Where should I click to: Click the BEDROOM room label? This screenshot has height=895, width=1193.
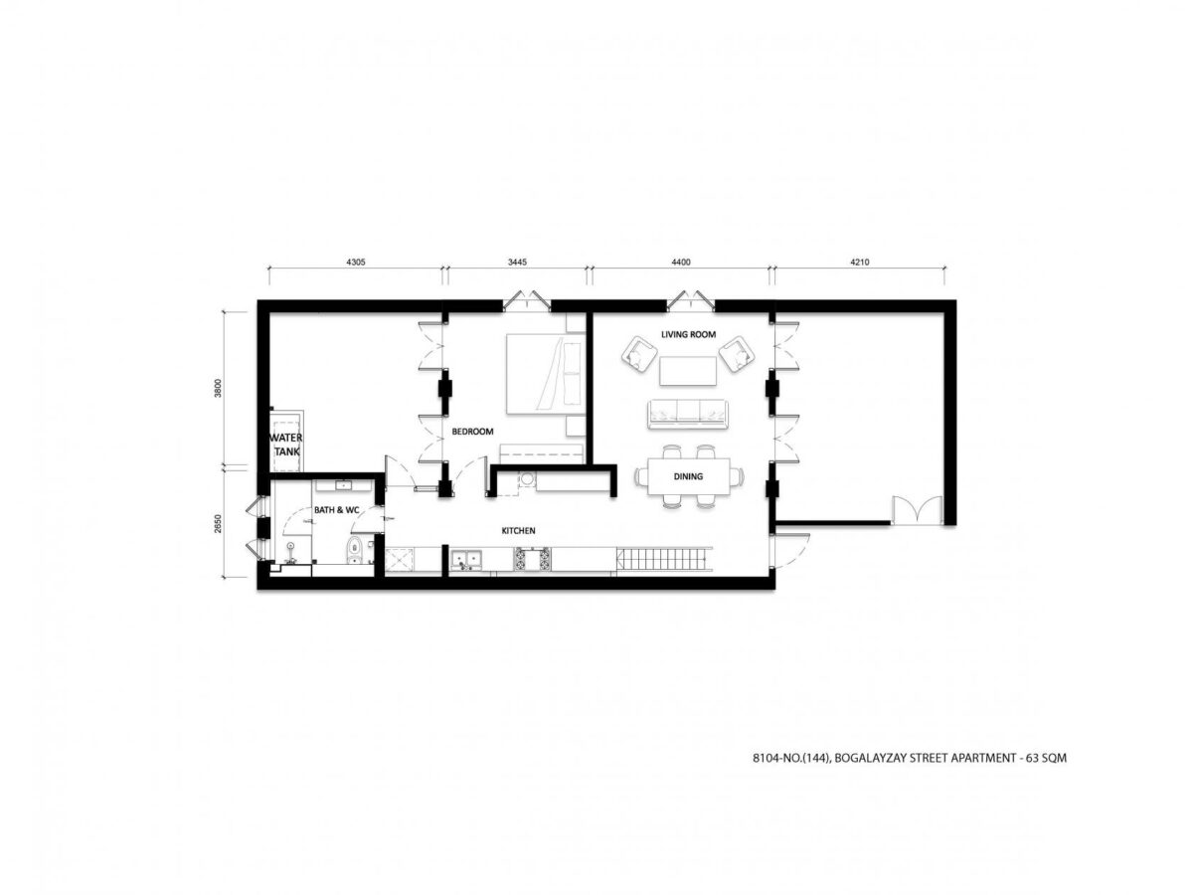click(472, 432)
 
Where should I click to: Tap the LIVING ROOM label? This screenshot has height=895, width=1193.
click(688, 334)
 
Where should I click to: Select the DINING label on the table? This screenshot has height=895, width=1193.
click(688, 476)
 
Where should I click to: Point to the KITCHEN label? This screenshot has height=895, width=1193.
click(518, 530)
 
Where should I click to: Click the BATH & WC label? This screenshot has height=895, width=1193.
click(336, 510)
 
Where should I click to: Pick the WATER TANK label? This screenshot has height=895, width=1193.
click(287, 445)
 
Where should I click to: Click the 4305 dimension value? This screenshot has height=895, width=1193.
click(356, 262)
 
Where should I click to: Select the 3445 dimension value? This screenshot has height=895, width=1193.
click(517, 262)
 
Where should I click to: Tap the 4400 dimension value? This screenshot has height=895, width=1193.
click(680, 262)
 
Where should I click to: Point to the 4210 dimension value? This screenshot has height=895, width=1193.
click(859, 262)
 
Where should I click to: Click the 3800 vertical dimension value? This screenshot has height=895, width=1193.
click(219, 388)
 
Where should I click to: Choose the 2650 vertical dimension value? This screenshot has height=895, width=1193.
click(219, 523)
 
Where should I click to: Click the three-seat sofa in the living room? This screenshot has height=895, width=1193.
click(687, 414)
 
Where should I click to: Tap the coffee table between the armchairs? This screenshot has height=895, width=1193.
click(688, 371)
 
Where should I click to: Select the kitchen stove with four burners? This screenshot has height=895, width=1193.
click(532, 559)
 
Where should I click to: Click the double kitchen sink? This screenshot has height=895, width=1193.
click(466, 559)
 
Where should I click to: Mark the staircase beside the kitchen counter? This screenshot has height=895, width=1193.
click(664, 559)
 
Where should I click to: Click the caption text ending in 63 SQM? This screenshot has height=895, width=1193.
click(910, 758)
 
